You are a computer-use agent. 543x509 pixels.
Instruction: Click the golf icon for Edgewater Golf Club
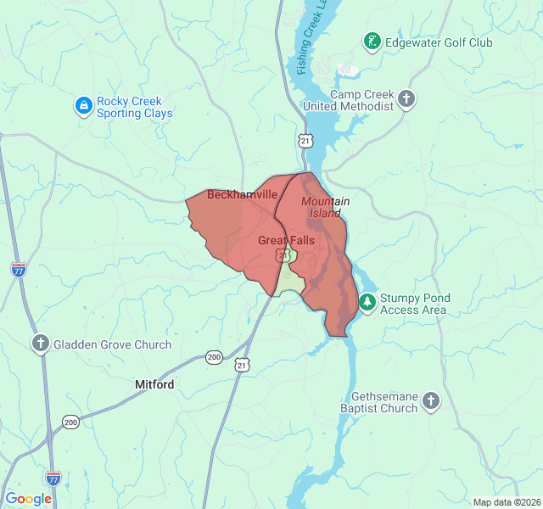tap(372, 42)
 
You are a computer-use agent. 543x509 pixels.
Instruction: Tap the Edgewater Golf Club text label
tap(439, 42)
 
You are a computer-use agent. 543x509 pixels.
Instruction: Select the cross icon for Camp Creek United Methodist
tap(406, 100)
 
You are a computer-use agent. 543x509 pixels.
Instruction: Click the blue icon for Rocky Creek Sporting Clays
tap(83, 106)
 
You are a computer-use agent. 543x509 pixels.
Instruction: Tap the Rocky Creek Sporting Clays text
tap(134, 107)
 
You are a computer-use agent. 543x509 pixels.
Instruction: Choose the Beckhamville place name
tap(242, 194)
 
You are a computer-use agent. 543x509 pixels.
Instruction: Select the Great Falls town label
tap(286, 241)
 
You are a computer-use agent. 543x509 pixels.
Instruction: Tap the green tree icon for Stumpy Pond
tap(367, 302)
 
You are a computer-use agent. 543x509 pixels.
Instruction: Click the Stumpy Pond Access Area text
tap(415, 304)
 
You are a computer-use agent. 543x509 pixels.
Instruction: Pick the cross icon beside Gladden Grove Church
tap(40, 344)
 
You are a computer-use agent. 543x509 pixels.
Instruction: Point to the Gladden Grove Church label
tap(112, 344)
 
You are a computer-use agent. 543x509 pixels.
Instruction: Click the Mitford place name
tap(154, 384)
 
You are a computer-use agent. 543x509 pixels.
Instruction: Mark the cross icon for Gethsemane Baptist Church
tap(431, 401)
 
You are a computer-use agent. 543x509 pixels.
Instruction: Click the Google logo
tap(28, 499)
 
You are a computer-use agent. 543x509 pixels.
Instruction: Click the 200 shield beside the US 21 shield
tap(214, 358)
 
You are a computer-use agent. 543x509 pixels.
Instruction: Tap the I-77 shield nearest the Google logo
tap(53, 478)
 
